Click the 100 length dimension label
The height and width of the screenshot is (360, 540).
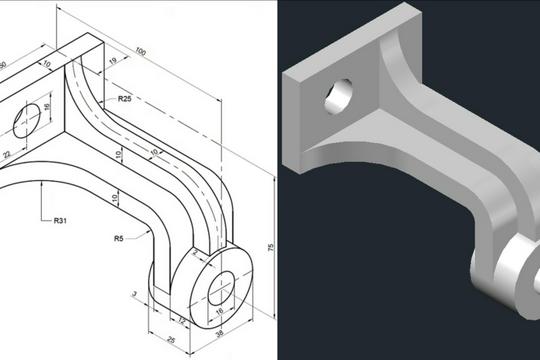pos(139,51)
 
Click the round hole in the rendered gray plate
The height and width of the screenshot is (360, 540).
pos(336,96)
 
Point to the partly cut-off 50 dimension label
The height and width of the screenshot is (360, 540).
pos(4,64)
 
